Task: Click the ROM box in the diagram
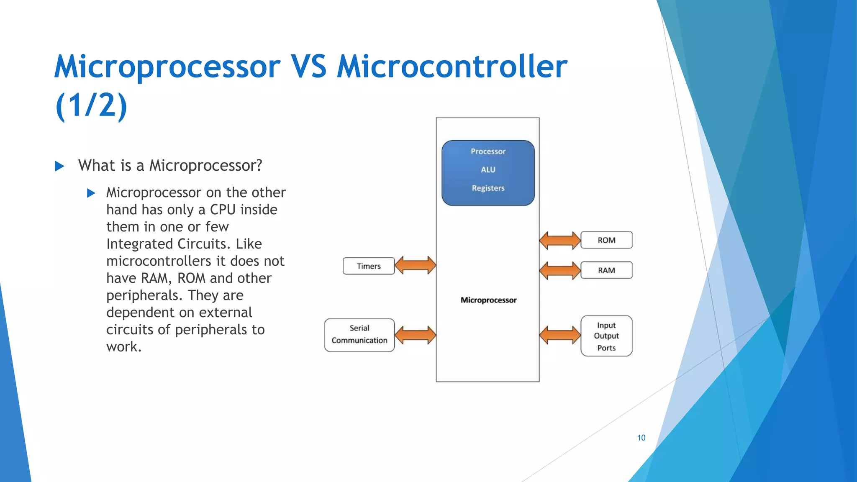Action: (606, 240)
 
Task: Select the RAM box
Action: (606, 270)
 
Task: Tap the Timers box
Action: (369, 266)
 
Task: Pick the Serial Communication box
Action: (359, 335)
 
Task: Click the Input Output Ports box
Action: (606, 336)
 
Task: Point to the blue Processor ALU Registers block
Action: (488, 173)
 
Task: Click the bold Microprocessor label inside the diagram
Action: (488, 300)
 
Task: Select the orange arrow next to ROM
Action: (560, 240)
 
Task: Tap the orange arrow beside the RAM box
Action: (560, 270)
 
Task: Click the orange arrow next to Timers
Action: (416, 265)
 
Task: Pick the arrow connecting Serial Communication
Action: (416, 335)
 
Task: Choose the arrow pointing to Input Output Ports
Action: (560, 335)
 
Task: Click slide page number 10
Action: (641, 438)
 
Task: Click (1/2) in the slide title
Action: (91, 105)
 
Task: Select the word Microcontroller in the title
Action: (452, 67)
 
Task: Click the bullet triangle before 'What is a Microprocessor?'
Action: (59, 166)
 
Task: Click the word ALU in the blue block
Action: (488, 169)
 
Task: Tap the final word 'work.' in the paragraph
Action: (124, 347)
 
